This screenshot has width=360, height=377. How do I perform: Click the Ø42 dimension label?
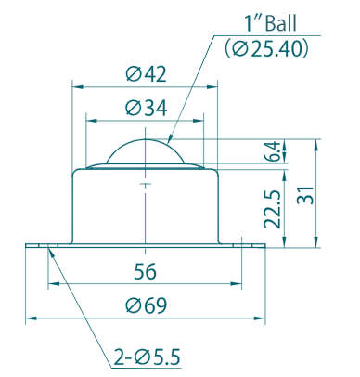click(x=146, y=74)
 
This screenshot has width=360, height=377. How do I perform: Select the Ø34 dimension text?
click(x=147, y=108)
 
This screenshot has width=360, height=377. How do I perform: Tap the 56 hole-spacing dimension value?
click(x=146, y=271)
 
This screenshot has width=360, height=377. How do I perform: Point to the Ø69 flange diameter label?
click(x=146, y=305)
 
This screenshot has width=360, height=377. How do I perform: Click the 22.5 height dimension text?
click(x=273, y=209)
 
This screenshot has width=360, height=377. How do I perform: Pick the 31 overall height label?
click(x=305, y=195)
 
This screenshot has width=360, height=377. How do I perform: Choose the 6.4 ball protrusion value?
click(x=273, y=151)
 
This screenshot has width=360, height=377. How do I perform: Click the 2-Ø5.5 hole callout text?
click(x=147, y=357)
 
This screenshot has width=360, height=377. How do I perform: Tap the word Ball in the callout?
click(x=281, y=23)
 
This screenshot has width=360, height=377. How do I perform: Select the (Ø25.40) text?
click(x=266, y=49)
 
